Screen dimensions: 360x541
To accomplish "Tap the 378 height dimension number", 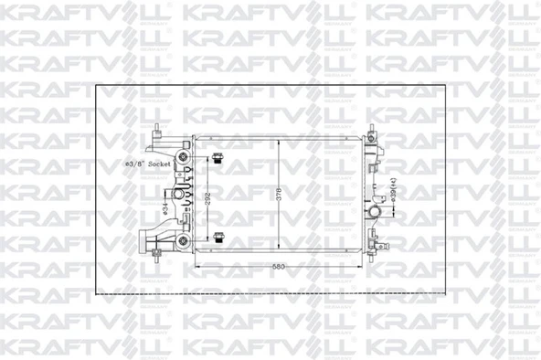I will [279, 195].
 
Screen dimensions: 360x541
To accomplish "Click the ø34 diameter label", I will [157, 208].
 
